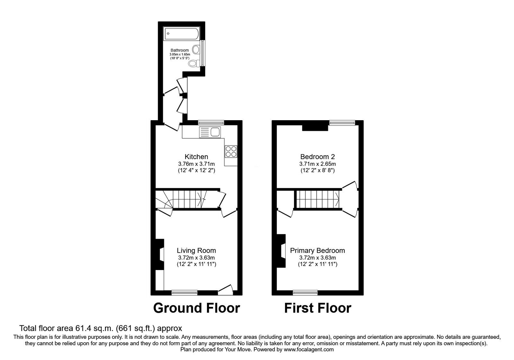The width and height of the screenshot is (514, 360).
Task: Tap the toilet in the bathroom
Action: [193, 63]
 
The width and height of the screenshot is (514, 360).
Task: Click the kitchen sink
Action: [209, 132]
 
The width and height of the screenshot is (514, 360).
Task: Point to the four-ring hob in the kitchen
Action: [231, 151]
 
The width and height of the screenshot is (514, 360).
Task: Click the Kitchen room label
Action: [196, 157]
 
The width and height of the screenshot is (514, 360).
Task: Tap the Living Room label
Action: [196, 251]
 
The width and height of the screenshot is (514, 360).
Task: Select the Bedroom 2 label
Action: [317, 157]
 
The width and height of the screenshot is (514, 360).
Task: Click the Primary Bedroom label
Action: [317, 251]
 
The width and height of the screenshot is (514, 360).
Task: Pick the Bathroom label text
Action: [180, 50]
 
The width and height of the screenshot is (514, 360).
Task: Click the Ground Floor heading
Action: [196, 308]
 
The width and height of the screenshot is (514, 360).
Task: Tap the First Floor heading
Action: [317, 308]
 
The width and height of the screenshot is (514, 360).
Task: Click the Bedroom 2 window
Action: [342, 122]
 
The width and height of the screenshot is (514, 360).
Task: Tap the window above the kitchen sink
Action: [211, 122]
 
